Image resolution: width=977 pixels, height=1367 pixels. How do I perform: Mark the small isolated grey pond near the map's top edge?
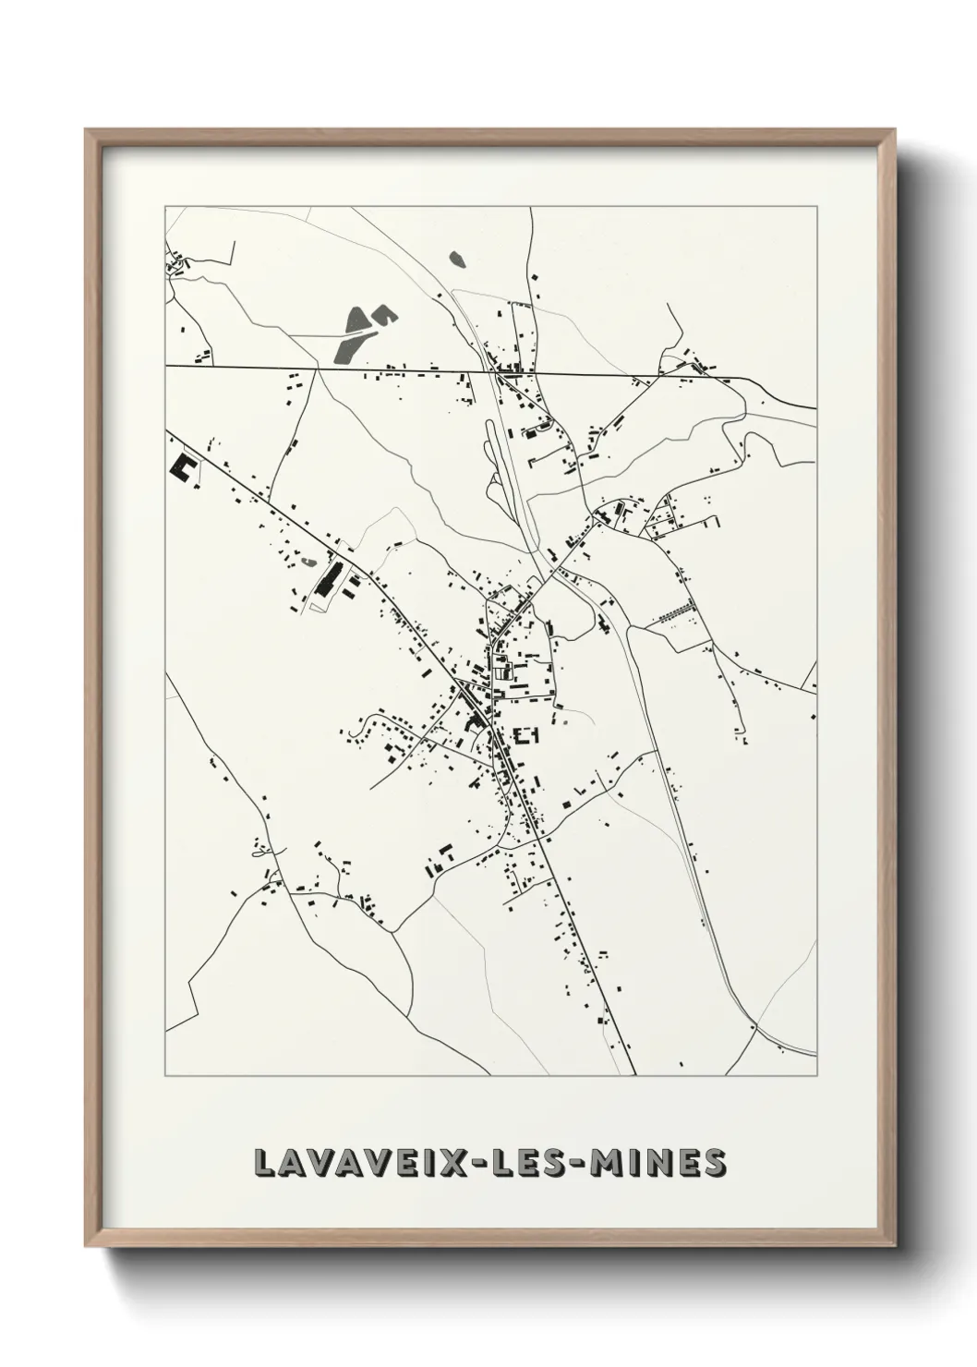455,259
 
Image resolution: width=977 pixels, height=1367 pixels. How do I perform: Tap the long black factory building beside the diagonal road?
327,577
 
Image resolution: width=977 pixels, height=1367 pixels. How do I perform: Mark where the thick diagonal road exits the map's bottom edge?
634,1075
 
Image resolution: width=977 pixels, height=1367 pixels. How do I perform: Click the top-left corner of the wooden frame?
86,130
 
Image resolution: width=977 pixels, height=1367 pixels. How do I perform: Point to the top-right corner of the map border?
815,206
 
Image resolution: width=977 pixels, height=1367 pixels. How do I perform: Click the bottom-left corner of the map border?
165,1076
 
